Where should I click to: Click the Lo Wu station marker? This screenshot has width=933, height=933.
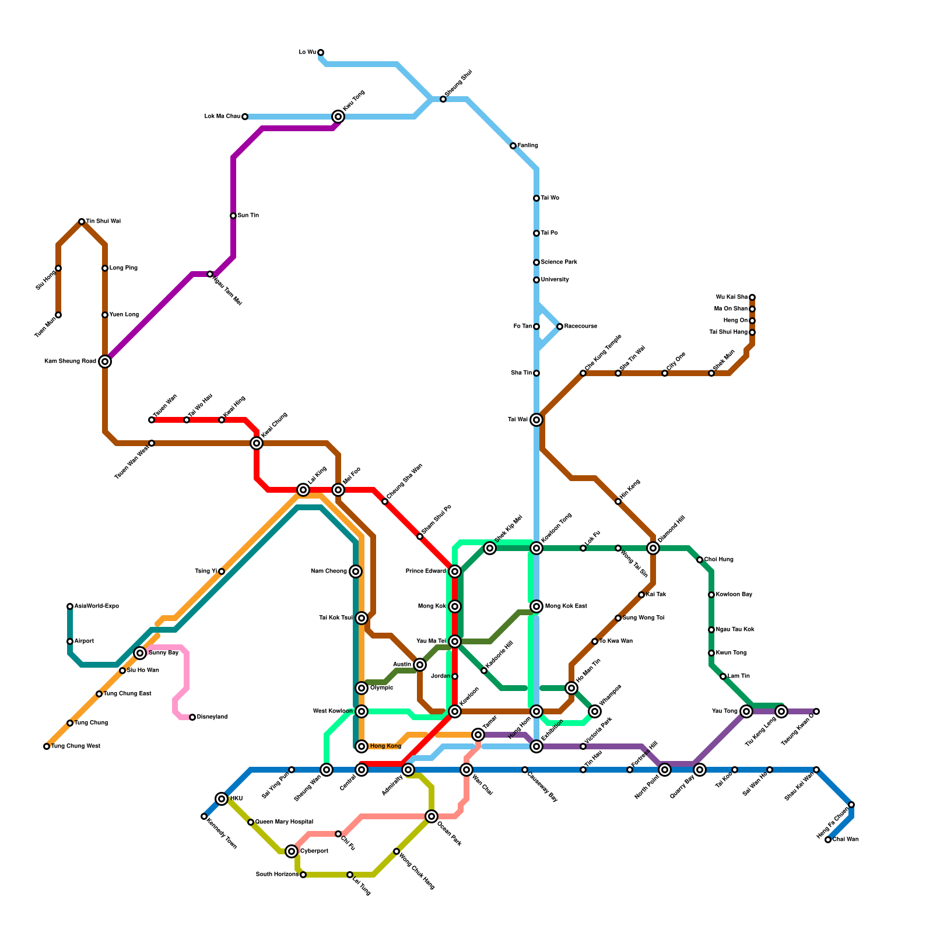click(321, 52)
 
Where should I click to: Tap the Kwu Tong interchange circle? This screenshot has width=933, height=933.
click(338, 117)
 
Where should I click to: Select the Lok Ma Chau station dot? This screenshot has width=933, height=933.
click(245, 117)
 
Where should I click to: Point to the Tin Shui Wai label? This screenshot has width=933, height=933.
click(103, 222)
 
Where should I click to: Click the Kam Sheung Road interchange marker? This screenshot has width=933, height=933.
click(105, 362)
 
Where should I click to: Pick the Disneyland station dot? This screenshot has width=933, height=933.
click(192, 717)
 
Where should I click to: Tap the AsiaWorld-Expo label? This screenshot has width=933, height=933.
click(96, 606)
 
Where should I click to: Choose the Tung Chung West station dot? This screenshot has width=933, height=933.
click(47, 746)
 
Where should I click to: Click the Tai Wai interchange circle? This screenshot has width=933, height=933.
click(536, 420)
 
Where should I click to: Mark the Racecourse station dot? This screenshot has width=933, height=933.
click(560, 327)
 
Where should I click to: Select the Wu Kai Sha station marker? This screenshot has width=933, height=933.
click(752, 297)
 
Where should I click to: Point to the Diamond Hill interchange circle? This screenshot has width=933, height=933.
click(653, 548)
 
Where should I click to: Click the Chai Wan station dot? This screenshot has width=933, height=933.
click(828, 840)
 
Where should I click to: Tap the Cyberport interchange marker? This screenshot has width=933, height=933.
click(292, 851)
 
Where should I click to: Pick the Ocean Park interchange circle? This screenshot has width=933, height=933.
click(432, 816)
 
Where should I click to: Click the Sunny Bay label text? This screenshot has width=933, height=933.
click(163, 653)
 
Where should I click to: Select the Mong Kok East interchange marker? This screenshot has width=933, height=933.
click(536, 606)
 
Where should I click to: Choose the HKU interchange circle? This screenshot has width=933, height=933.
click(222, 799)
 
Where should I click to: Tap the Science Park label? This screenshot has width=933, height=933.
click(559, 262)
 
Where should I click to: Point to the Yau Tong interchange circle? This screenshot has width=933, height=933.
click(746, 711)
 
